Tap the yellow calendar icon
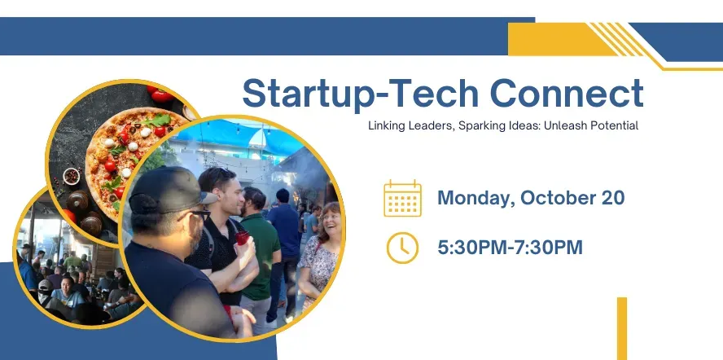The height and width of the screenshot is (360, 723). coord(402,199)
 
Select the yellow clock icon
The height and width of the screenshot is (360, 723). coord(402,247)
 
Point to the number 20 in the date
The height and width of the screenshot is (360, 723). coord(611,198)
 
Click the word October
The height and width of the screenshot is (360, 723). coord(556,198)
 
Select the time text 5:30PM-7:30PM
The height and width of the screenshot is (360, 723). coord(510,247)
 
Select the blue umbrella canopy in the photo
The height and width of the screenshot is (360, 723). coord(244,134)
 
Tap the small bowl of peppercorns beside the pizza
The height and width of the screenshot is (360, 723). coord(72,175)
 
